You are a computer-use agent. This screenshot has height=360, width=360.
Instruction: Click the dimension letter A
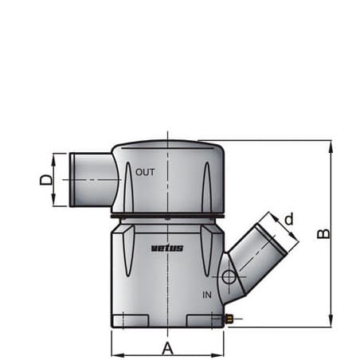coord(167,347)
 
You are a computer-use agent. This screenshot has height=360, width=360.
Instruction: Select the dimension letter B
coord(323,233)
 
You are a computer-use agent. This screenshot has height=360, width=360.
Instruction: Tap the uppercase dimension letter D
coord(46,180)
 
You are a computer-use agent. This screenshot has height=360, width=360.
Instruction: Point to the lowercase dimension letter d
coord(289,218)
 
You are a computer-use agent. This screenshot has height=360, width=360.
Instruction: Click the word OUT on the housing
coord(146,171)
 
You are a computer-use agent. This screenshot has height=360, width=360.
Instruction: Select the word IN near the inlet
coord(206,294)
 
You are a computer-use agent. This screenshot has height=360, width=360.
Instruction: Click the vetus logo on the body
coord(167,248)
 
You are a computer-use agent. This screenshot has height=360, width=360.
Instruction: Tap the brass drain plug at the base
coord(228,319)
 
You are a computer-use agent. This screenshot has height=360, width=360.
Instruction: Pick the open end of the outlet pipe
coord(72,180)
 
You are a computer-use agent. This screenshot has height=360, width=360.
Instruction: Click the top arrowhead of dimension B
coord(331,144)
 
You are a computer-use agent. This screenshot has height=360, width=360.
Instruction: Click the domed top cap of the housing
coord(167,149)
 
